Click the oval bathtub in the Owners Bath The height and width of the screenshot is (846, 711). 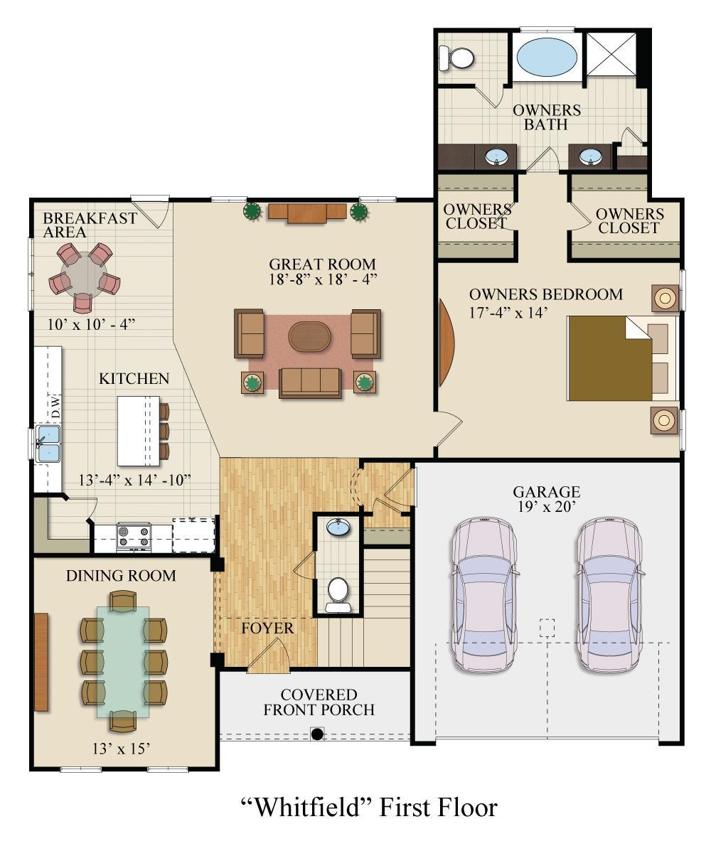point(547,56)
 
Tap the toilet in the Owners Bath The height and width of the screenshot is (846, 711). point(456,58)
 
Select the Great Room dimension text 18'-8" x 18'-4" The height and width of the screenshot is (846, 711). point(323,279)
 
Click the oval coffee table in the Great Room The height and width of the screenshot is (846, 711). point(309,337)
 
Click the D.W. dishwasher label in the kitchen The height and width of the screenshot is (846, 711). point(55,407)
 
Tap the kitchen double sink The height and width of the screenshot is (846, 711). point(48,443)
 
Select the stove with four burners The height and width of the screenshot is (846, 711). point(134,536)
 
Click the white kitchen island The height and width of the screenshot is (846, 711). point(139,431)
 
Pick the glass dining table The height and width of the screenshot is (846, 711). point(123,661)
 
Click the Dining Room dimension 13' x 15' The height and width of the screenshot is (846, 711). point(121,749)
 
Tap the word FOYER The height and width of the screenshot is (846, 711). point(267,628)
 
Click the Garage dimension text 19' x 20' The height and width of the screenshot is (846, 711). point(547,507)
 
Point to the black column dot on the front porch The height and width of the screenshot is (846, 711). point(318,734)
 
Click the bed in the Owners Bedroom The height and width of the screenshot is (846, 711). point(621,358)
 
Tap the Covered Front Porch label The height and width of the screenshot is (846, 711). point(319,702)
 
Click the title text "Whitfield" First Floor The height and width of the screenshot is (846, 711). point(368,807)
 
